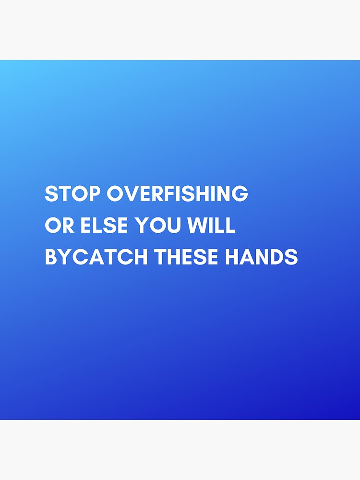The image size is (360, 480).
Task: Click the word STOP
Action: (x=72, y=194)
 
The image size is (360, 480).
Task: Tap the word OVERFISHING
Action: (x=177, y=194)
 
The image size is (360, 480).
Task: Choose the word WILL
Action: (x=212, y=226)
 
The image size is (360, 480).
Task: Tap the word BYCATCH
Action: (x=96, y=257)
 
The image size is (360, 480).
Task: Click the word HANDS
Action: (x=261, y=257)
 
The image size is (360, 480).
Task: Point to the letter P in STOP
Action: (x=95, y=194)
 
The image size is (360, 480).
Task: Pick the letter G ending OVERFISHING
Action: (x=240, y=194)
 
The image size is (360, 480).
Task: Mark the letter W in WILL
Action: (x=198, y=226)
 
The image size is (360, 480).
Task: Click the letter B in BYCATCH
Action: (x=51, y=257)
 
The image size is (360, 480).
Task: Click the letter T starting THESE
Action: (x=160, y=257)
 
